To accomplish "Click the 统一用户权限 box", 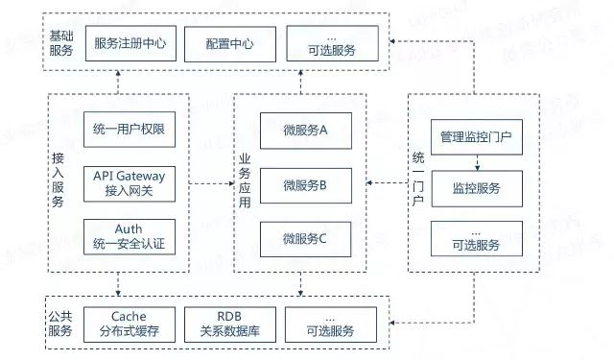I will [130, 130].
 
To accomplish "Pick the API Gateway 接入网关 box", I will [130, 182].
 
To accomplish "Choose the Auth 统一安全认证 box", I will [130, 236].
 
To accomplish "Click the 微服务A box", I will [305, 131].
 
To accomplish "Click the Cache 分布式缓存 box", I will [130, 324].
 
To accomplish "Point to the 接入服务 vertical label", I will [59, 182].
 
